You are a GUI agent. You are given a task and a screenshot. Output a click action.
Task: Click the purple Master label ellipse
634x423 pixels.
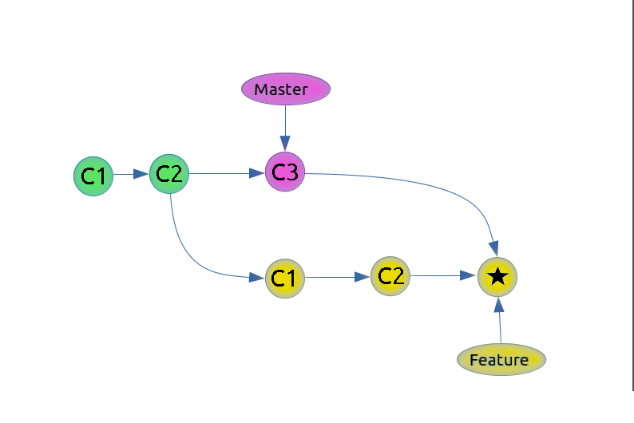[x=286, y=89]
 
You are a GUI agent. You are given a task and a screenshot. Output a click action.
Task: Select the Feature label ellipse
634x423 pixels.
[x=501, y=359]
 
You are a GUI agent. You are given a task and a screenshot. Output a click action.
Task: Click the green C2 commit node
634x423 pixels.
[x=169, y=173]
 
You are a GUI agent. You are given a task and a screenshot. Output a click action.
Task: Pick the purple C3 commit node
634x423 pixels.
[x=285, y=172]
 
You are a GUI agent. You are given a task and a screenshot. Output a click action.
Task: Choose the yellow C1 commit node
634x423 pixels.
[x=285, y=278]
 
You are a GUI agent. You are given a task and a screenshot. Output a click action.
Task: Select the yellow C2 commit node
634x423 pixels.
[x=390, y=276]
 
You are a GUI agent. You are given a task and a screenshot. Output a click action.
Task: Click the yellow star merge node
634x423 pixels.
[x=497, y=277]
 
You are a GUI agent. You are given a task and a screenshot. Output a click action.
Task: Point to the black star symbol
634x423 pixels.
[x=497, y=277]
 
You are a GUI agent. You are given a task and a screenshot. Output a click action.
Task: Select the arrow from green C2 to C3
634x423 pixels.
[x=227, y=172]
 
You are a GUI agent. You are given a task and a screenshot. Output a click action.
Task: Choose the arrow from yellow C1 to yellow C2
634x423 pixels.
[x=337, y=277]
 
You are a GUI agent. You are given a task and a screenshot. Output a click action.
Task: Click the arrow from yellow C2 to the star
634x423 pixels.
[x=443, y=276]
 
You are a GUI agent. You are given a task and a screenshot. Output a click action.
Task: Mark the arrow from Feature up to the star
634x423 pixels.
[x=499, y=321]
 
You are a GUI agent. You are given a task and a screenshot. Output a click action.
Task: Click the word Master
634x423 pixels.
[x=281, y=89]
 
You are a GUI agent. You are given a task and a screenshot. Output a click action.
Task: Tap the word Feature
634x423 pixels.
[x=499, y=360]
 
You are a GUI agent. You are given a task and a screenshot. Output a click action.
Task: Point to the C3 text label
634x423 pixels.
[x=285, y=172]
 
